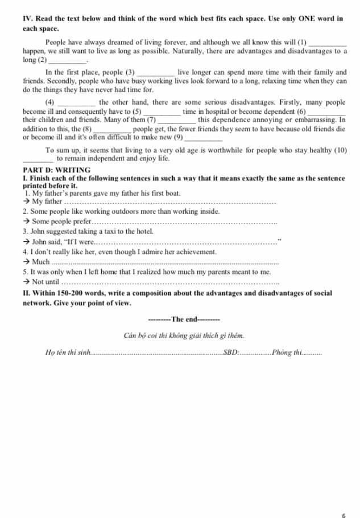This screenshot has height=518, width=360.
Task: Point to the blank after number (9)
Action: (203, 138)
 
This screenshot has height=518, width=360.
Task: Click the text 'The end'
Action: (184, 319)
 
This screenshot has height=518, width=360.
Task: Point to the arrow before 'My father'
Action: (26, 201)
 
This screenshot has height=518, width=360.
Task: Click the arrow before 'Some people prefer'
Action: (26, 221)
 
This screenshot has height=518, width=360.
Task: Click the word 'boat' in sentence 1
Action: (173, 193)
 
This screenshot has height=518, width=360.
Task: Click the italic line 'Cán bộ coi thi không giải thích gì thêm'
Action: (184, 335)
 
